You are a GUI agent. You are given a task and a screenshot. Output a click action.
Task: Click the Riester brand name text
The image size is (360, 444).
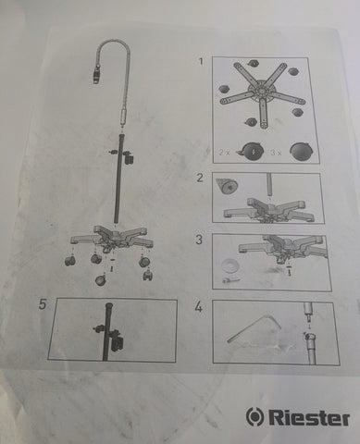pyautogui.click(x=309, y=418)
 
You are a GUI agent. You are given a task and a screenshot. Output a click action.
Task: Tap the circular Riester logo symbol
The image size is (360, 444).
pyautogui.click(x=255, y=417)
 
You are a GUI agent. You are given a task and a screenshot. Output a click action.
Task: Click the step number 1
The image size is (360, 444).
pyautogui.click(x=201, y=61)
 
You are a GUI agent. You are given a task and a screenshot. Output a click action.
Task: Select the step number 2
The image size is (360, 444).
pyautogui.click(x=200, y=178)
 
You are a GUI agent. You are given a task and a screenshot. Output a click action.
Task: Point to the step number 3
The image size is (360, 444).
pyautogui.click(x=199, y=240)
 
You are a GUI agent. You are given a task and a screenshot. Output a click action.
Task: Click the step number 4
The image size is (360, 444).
pyautogui.click(x=199, y=307)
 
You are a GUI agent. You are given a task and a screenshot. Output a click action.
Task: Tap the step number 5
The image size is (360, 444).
pyautogui.click(x=43, y=304)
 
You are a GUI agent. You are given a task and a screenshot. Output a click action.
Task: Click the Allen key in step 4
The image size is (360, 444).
pyautogui.click(x=254, y=328)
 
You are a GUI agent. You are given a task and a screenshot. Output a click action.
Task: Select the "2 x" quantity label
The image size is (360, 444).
pyautogui.click(x=225, y=153)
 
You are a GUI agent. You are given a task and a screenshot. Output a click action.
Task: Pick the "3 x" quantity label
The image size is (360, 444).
pyautogui.click(x=276, y=153)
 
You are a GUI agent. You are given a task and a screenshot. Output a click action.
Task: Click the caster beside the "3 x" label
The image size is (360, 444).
pyautogui.click(x=301, y=152)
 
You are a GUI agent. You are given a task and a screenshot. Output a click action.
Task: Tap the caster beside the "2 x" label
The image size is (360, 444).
pyautogui.click(x=251, y=152)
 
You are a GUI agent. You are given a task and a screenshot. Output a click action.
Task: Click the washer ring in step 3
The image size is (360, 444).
pyautogui.click(x=230, y=265)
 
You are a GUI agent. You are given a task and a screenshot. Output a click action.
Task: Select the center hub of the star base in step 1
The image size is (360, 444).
pyautogui.click(x=261, y=92)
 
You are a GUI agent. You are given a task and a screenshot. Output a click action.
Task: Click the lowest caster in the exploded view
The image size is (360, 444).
pyautogui.click(x=101, y=279)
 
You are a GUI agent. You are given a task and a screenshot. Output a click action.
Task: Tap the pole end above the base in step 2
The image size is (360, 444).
pyautogui.click(x=269, y=185)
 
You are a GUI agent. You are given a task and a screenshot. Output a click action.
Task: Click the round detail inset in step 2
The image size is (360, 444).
pyautogui.click(x=227, y=187)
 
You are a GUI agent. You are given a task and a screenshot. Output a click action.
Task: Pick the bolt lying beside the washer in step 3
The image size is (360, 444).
pyautogui.click(x=230, y=280)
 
